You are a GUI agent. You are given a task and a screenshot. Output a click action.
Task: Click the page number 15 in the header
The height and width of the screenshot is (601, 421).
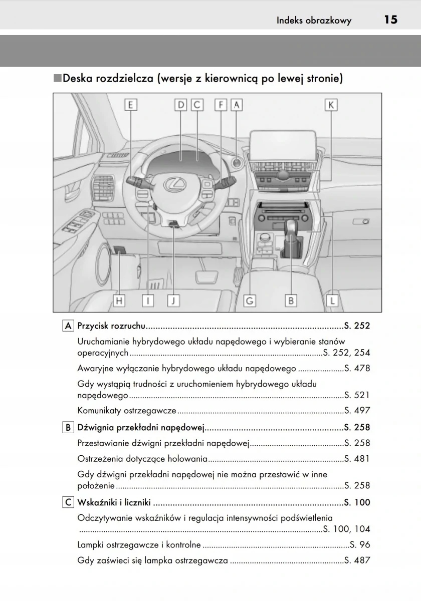390,20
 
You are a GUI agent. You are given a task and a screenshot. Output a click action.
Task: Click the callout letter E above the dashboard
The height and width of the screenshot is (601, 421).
130,105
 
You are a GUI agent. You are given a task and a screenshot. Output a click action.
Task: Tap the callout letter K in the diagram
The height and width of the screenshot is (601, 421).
331,105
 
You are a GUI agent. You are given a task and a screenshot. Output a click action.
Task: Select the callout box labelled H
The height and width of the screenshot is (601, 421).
119,300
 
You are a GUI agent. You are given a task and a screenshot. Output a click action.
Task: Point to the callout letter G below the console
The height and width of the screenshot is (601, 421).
250,300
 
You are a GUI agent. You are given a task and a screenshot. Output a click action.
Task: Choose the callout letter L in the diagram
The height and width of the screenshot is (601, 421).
332,300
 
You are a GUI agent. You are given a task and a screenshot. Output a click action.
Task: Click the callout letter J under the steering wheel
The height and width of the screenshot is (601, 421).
173,300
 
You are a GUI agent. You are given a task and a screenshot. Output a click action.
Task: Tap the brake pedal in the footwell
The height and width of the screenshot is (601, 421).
202,275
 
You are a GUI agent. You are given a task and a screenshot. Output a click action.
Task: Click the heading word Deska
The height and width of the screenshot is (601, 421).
79,79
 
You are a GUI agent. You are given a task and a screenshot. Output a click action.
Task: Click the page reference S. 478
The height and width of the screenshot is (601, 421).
357,369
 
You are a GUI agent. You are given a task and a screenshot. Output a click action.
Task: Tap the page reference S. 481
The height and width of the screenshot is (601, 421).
357,459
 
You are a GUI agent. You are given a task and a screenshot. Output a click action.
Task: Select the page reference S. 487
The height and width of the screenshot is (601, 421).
357,560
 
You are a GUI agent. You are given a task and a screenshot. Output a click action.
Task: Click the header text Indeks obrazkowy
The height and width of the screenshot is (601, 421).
314,21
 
